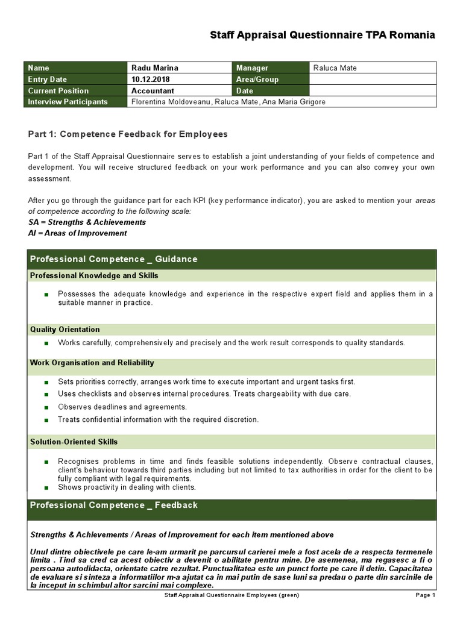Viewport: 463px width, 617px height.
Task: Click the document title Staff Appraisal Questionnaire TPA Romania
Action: [322, 35]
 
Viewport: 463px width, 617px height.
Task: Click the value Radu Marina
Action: [155, 68]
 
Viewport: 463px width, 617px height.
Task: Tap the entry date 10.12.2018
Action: [151, 80]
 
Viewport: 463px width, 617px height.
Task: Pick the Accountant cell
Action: [153, 90]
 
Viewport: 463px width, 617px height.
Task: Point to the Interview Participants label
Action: [68, 102]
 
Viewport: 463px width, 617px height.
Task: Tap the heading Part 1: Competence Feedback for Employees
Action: [128, 134]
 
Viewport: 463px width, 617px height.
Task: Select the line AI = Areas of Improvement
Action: [78, 233]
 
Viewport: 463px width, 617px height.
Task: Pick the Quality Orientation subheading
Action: [65, 330]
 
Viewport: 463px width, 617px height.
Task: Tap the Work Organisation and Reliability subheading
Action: [92, 363]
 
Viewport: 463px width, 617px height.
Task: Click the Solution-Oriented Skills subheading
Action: [74, 442]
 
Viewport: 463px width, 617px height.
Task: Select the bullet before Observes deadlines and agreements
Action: [46, 407]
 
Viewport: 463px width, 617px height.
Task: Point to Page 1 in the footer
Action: [425, 595]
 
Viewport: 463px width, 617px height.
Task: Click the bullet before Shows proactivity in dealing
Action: [46, 487]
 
